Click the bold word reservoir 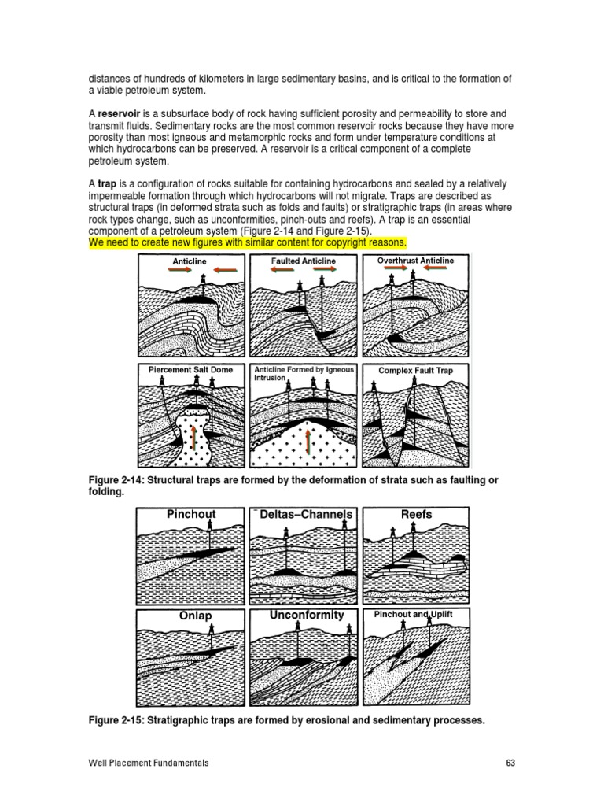119,113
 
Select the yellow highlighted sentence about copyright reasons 247,242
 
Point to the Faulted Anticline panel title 303,261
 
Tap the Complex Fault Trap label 415,369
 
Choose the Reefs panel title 416,514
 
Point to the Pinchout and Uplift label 413,614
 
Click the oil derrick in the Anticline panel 204,281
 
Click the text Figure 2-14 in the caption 116,480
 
